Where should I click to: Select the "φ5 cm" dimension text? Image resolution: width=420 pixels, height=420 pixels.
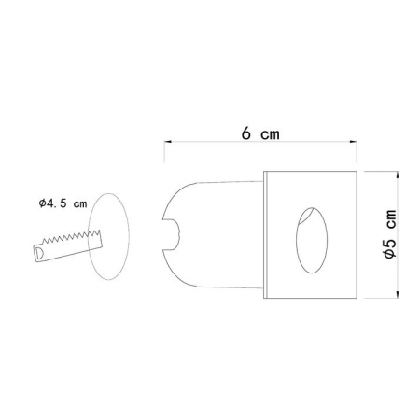point(389,233)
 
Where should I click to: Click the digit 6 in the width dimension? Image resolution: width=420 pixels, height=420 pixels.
point(245,133)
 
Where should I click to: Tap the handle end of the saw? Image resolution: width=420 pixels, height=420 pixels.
point(39,252)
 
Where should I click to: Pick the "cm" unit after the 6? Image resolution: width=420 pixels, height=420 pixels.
point(270,133)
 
